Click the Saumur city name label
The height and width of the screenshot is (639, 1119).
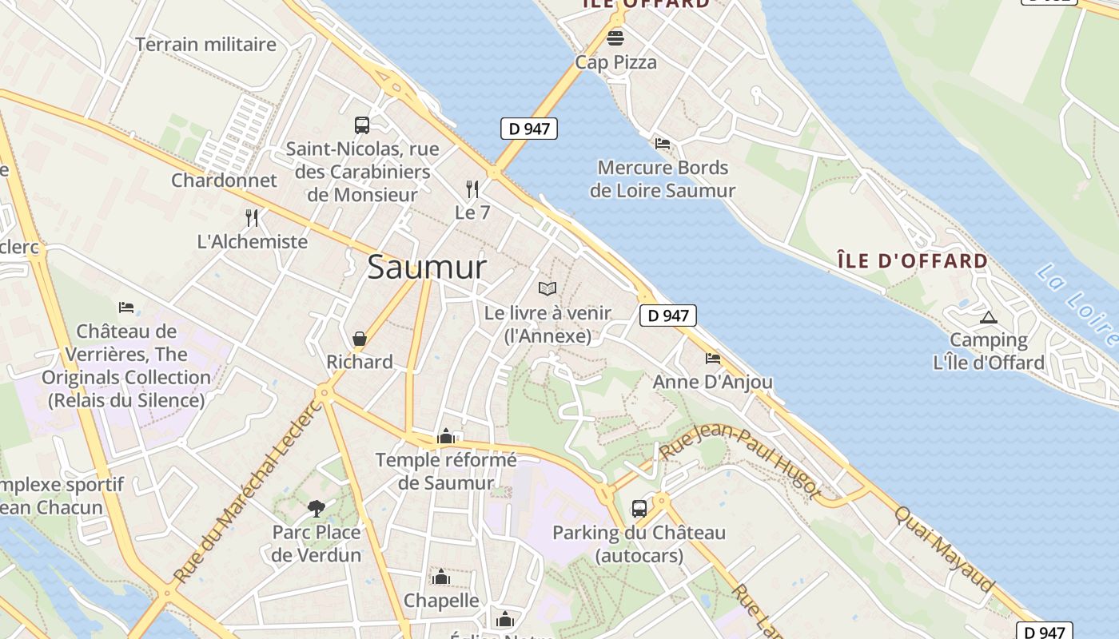426,267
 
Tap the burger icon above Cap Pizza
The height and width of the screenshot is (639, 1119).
615,38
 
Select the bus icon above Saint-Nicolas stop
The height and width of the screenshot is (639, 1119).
362,125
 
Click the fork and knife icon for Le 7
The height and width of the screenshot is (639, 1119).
472,189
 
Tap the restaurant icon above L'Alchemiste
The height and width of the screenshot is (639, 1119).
252,217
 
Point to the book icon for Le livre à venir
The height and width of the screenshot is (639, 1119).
547,289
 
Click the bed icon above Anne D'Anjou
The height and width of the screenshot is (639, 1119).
713,359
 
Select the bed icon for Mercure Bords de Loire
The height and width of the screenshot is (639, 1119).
663,144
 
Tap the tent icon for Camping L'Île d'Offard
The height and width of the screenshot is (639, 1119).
989,317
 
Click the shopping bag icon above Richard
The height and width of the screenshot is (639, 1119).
360,339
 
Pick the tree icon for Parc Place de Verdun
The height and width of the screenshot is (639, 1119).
317,508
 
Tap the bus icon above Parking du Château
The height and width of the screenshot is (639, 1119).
639,509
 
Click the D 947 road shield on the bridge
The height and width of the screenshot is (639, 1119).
529,128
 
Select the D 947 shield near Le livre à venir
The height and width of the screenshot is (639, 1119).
668,316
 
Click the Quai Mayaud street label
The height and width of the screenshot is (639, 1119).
945,550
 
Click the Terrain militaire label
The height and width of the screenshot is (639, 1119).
205,45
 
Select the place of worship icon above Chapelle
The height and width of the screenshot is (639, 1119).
440,577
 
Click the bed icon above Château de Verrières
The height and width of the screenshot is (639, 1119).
126,308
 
